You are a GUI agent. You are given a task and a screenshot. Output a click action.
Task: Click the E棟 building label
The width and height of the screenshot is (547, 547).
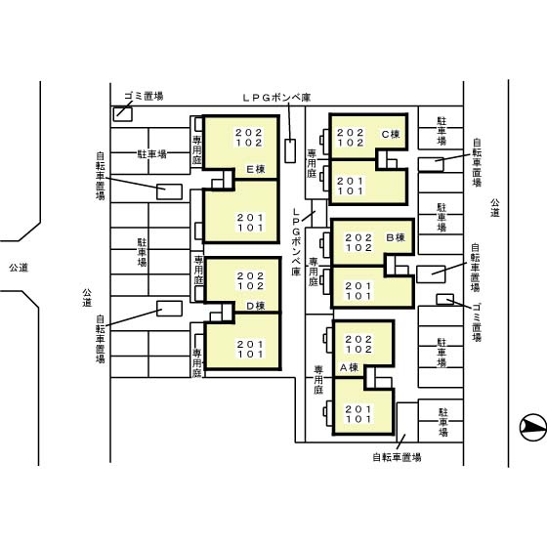256,167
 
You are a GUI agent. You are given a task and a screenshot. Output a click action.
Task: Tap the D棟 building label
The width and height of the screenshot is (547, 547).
256,305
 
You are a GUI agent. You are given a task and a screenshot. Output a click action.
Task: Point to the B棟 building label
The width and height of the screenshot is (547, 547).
395,237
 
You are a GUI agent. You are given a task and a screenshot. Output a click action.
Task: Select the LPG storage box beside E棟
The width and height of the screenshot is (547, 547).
290,151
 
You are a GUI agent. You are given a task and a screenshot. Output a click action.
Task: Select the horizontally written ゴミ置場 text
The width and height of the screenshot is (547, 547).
144,96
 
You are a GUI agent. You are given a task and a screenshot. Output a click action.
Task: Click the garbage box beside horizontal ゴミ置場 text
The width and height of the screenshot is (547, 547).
123,112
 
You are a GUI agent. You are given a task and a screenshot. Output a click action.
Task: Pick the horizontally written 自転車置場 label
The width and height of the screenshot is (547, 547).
396,456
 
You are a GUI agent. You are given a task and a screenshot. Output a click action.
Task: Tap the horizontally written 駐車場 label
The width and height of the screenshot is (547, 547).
151,154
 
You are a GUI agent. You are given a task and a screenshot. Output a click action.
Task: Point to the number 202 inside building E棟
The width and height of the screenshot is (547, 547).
249,132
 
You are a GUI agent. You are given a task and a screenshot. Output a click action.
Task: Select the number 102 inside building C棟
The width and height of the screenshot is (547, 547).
351,143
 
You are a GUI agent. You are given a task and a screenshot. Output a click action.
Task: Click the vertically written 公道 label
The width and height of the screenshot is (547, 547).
495,206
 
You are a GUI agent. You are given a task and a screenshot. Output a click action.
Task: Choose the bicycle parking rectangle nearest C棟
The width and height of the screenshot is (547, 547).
430,164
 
